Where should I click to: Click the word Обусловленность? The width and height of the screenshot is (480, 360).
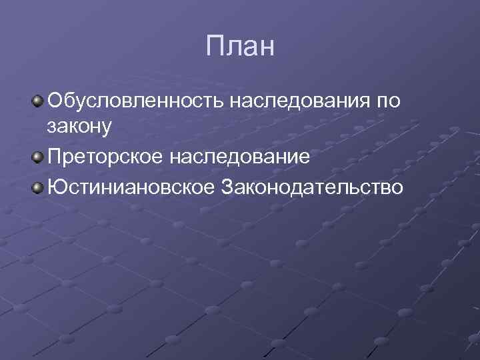click(136, 101)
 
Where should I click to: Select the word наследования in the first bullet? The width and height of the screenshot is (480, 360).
click(302, 101)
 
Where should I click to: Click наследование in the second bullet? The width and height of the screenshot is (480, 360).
click(245, 159)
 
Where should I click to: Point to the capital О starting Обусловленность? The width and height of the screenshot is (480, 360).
click(54, 101)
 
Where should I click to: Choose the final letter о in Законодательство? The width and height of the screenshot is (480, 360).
click(397, 189)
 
